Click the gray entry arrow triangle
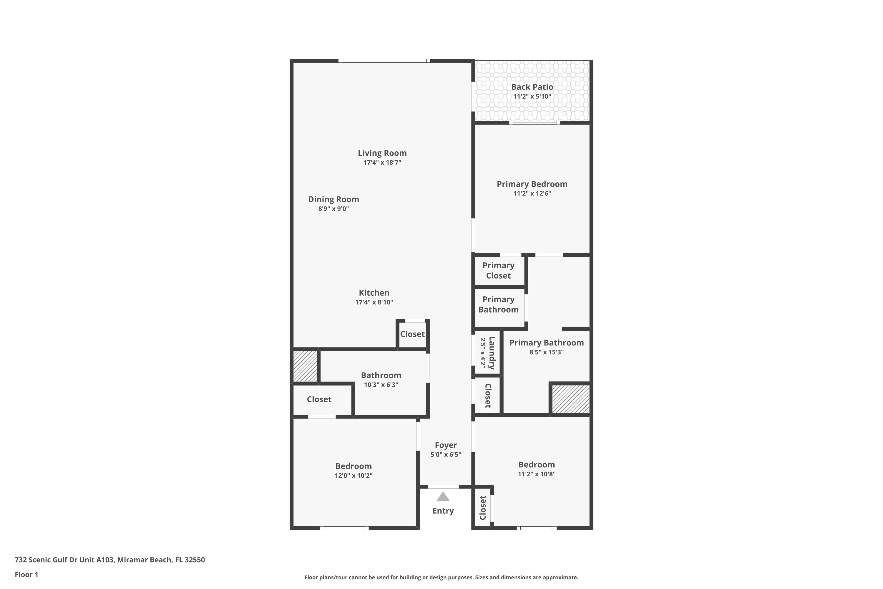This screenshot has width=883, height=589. (x=443, y=497)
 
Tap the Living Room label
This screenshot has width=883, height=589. (x=382, y=153)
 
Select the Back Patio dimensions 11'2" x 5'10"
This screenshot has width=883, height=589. (x=532, y=97)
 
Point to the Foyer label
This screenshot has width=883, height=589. (x=446, y=445)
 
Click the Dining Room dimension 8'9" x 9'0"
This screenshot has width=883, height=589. (x=333, y=209)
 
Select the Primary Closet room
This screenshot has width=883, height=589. (x=498, y=270)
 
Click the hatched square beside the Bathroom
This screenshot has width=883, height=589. (x=305, y=366)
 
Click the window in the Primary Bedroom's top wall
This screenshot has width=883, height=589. (x=534, y=123)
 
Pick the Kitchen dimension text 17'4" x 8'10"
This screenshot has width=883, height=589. (x=374, y=302)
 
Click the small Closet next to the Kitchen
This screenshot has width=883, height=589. (x=412, y=334)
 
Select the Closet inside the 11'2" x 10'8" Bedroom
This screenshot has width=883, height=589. (x=483, y=508)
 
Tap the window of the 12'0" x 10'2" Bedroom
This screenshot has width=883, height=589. (x=344, y=528)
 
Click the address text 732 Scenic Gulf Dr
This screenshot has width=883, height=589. (x=109, y=560)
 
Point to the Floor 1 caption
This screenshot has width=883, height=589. (x=26, y=574)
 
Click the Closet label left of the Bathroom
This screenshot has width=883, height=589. (x=319, y=399)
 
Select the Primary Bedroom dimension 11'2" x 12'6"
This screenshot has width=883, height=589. (x=532, y=193)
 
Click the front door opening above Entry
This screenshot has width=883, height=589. (x=443, y=487)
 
